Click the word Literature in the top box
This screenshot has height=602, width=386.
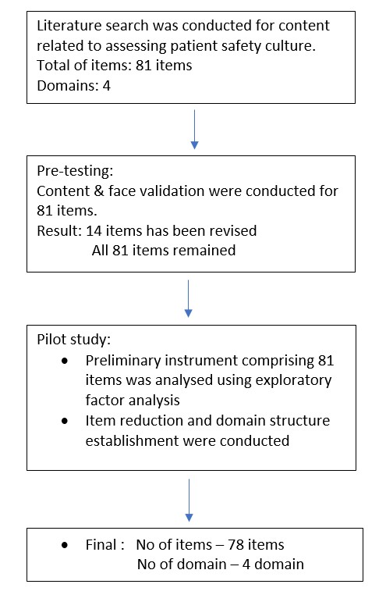click(x=64, y=27)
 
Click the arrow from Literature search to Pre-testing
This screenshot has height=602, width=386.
click(x=194, y=130)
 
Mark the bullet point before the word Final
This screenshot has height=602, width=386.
click(x=66, y=544)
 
